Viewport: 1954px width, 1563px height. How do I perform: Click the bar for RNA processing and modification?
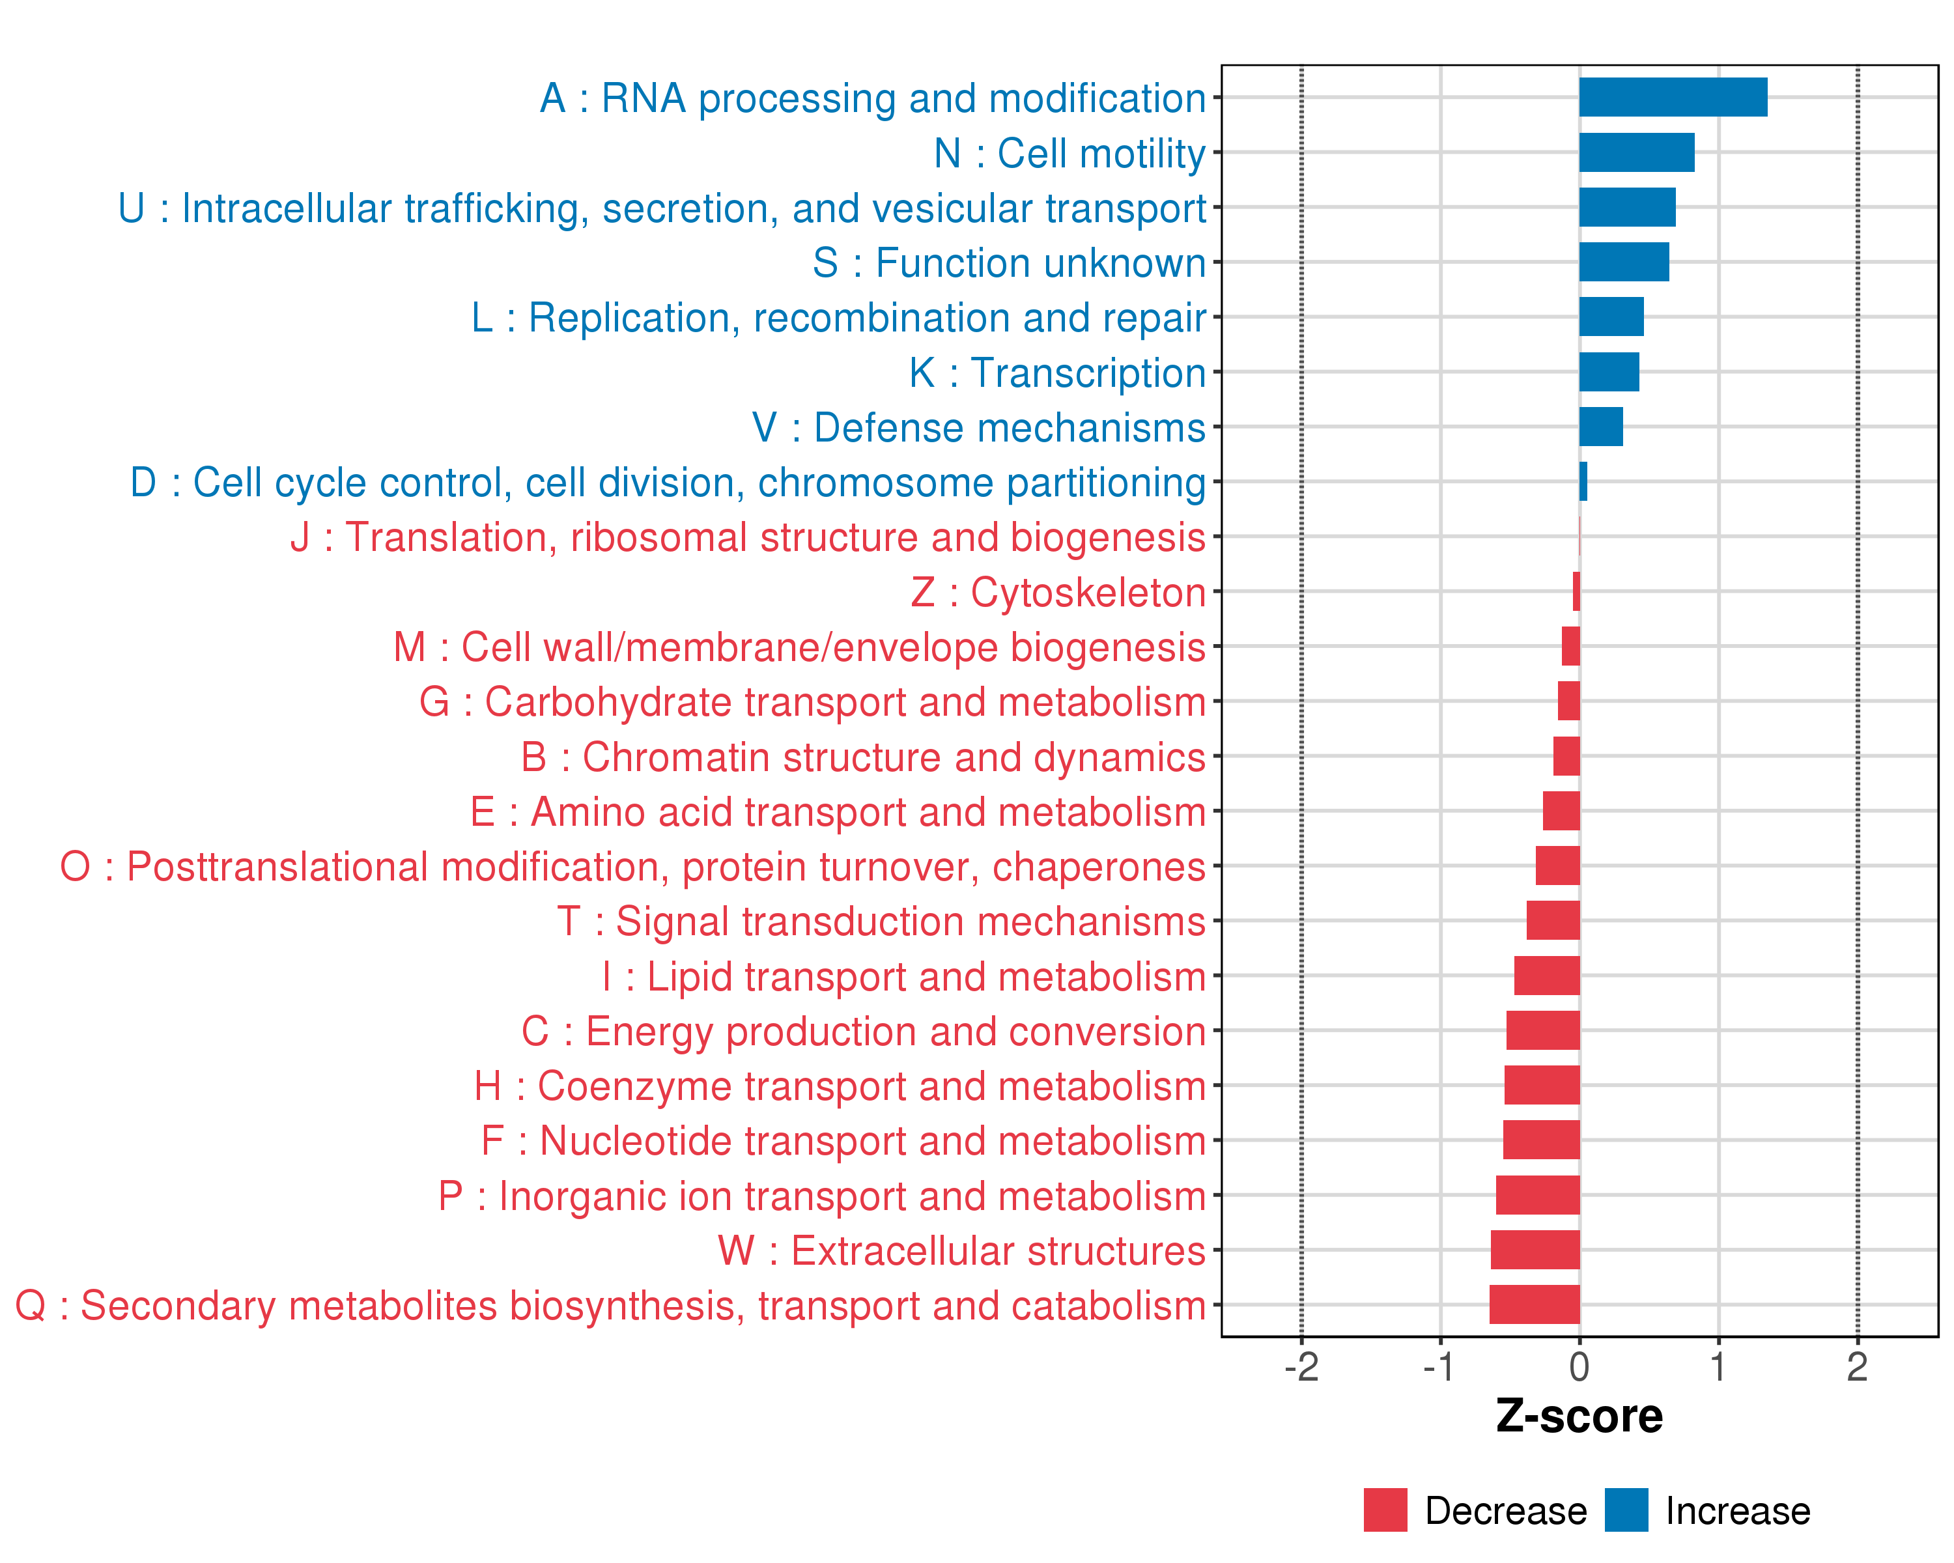point(1672,97)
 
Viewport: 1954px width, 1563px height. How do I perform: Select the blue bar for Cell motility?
point(1636,152)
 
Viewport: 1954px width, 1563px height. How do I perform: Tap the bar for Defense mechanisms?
point(1600,427)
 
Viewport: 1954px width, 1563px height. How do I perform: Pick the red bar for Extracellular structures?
point(1535,1250)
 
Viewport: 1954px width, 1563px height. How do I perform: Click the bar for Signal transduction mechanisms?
point(1553,921)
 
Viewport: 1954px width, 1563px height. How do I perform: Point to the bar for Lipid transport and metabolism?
point(1546,976)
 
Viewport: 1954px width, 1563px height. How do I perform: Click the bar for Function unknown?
point(1623,262)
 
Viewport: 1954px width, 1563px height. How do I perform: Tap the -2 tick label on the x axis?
point(1301,1367)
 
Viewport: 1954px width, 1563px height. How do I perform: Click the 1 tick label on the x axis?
point(1718,1367)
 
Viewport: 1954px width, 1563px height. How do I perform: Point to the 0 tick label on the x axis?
point(1579,1367)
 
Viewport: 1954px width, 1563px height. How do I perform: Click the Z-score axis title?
point(1579,1417)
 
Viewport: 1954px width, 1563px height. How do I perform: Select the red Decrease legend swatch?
point(1385,1510)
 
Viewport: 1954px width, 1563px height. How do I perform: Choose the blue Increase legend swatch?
point(1626,1510)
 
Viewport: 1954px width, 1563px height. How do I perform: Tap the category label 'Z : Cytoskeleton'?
point(1058,593)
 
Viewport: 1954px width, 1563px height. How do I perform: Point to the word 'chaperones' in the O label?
point(1098,867)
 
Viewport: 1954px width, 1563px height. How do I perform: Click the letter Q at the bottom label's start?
point(31,1306)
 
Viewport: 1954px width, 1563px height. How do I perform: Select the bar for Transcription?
point(1609,371)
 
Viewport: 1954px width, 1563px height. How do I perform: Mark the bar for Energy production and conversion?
point(1542,1030)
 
